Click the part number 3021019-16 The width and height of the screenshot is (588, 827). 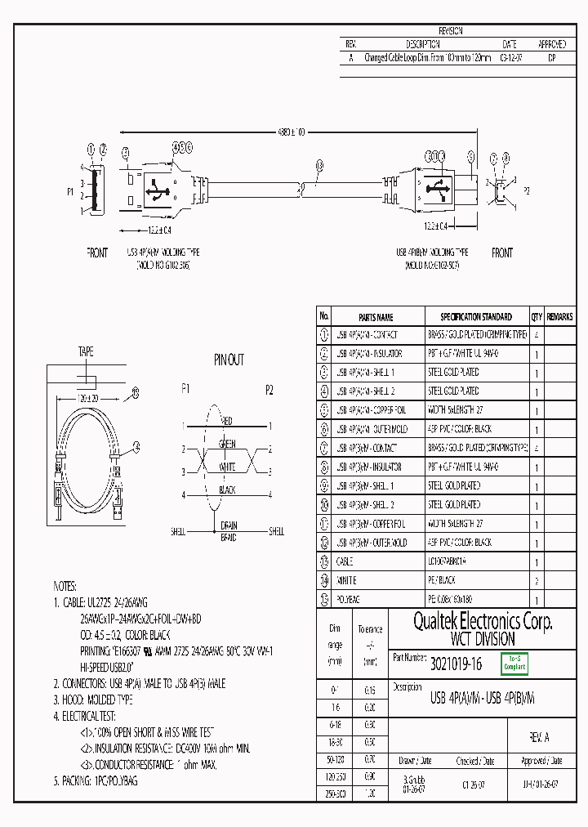click(x=456, y=665)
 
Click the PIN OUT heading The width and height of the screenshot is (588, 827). click(x=229, y=360)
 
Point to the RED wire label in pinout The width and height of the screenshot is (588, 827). click(x=227, y=421)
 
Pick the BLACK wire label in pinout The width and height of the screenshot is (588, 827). click(x=227, y=490)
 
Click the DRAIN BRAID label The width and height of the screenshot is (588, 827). click(x=228, y=532)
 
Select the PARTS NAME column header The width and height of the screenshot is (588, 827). click(x=376, y=317)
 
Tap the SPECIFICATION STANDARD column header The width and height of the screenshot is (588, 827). click(x=476, y=317)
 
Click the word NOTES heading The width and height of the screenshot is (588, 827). click(x=65, y=587)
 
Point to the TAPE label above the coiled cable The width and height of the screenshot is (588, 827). click(x=86, y=352)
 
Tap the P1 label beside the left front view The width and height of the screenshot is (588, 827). click(x=70, y=193)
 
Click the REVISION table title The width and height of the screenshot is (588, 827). click(x=450, y=31)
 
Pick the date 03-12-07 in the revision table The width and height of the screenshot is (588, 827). click(x=509, y=59)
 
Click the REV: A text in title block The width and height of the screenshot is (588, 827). click(x=539, y=737)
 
